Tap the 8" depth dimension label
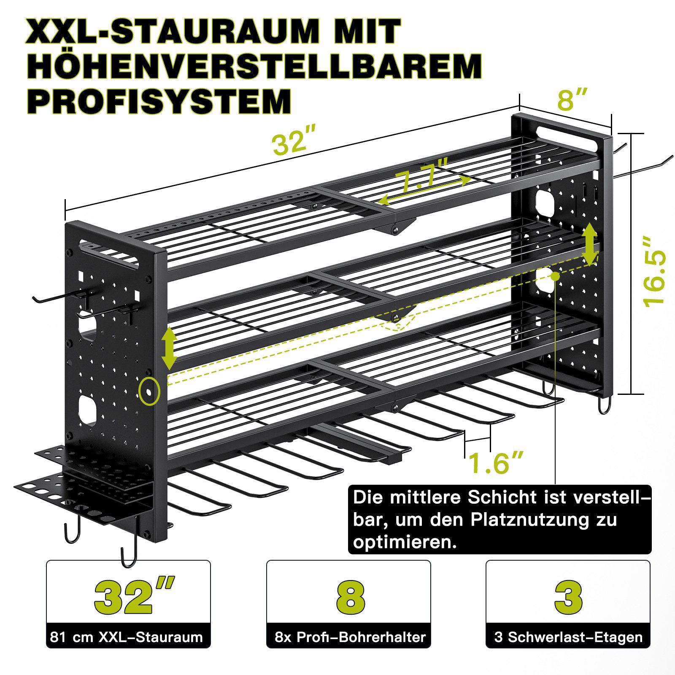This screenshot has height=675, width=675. click(x=572, y=100)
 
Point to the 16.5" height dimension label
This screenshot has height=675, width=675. click(x=654, y=271)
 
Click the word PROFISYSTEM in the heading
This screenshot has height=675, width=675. click(x=159, y=101)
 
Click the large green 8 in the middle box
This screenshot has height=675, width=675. click(x=351, y=597)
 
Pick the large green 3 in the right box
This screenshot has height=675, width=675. click(x=568, y=597)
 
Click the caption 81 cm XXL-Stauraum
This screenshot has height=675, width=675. click(x=126, y=637)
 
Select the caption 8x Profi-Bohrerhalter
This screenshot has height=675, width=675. click(x=350, y=637)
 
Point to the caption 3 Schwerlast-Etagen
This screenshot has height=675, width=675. click(x=568, y=637)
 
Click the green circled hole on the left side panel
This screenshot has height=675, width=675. click(x=149, y=391)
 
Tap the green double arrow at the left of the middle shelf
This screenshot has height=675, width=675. click(x=169, y=348)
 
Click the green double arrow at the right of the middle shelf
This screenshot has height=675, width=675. click(x=589, y=245)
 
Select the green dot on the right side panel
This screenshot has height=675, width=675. click(x=555, y=276)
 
